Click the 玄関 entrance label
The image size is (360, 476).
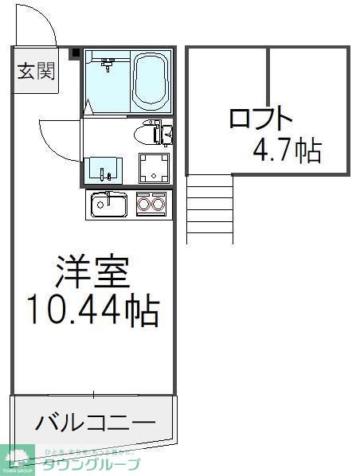[36, 72]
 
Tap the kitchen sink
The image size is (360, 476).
[108, 205]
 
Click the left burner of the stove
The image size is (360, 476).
[145, 205]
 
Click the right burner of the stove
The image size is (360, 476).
[158, 205]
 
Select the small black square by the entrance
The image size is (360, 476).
[76, 54]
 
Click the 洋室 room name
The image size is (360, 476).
[92, 273]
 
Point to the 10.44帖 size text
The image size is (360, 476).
[92, 310]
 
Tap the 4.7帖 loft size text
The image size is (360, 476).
[287, 150]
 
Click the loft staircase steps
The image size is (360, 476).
[209, 209]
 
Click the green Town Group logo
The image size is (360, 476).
[18, 459]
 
